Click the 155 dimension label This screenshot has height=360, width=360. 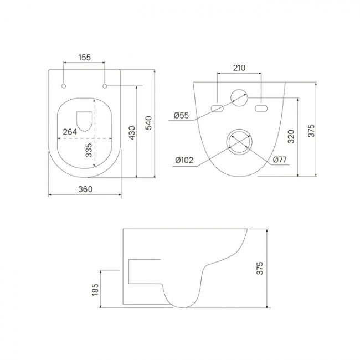(85, 58)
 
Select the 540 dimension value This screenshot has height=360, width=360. (149, 123)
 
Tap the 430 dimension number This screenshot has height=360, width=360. (132, 133)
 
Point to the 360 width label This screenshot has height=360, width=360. (85, 189)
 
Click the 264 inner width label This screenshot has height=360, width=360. (70, 132)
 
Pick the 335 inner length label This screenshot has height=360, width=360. (89, 150)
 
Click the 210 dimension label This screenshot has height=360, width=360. (239, 68)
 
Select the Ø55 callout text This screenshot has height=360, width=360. (181, 115)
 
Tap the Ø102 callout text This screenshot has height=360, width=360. (184, 160)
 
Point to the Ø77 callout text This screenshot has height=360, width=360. (280, 160)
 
